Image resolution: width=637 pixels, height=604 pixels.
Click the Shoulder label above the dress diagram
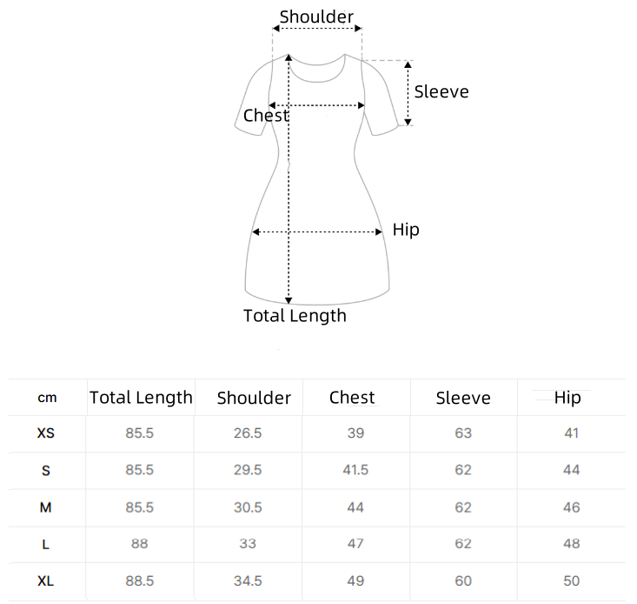[x=316, y=17]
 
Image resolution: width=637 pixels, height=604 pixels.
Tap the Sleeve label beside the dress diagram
[x=441, y=92]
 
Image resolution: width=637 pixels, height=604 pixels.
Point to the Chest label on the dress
[x=266, y=116]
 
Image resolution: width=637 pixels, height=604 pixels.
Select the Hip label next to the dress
[x=406, y=231]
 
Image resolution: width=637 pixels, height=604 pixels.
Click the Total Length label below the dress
[x=295, y=316]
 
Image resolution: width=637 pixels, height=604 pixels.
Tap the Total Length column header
[x=141, y=398]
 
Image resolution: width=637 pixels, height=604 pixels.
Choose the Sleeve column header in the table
[x=463, y=399]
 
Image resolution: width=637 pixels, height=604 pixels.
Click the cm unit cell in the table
[x=47, y=398]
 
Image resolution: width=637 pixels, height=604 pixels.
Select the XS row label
[x=45, y=433]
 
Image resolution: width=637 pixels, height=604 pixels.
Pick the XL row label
[x=45, y=581]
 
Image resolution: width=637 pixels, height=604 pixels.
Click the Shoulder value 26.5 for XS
[x=248, y=433]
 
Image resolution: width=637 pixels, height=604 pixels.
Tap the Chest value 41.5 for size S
[x=355, y=470]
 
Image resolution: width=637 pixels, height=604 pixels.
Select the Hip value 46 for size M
[x=571, y=507]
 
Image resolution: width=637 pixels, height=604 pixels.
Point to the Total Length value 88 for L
[x=139, y=544]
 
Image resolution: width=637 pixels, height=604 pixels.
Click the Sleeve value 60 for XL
[x=463, y=581]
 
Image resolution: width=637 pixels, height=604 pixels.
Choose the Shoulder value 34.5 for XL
[x=248, y=581]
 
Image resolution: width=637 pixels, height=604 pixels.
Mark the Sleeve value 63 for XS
[x=463, y=433]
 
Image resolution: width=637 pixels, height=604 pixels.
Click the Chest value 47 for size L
[x=355, y=544]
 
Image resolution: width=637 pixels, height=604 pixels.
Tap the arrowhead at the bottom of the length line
[x=289, y=300]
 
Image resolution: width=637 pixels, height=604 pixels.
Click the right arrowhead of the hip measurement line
[x=379, y=232]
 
